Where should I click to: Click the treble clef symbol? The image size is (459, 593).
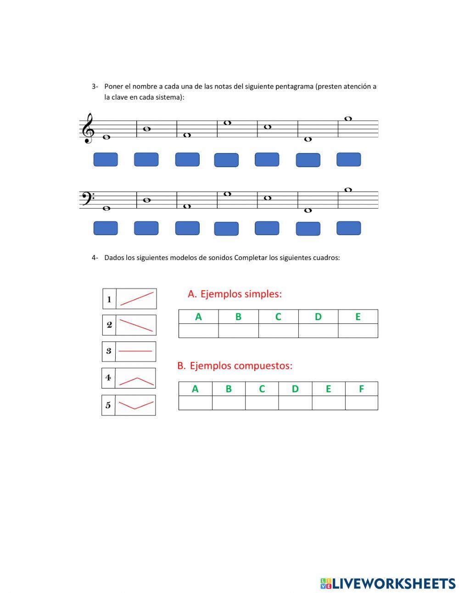pos(88,129)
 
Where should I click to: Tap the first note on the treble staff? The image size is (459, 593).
pos(106,137)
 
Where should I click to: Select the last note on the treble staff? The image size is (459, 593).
pos(348,119)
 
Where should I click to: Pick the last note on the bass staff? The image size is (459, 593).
pos(348,190)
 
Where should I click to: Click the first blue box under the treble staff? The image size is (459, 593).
pos(106,160)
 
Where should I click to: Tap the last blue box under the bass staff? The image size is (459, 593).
pos(348,228)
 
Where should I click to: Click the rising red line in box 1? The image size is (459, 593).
pos(137,299)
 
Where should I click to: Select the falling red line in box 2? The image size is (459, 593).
pos(136,325)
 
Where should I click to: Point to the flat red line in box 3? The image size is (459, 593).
pos(135,351)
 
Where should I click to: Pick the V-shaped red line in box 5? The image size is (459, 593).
pos(136,405)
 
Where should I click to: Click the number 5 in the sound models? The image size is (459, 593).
pos(108,405)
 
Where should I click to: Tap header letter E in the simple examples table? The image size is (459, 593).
pos(358,316)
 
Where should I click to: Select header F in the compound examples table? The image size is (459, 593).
pos(361,389)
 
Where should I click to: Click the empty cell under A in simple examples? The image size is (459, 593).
pos(198,331)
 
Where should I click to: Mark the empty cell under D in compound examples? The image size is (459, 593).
pos(295,403)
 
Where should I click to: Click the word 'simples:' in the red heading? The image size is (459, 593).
pos(263,294)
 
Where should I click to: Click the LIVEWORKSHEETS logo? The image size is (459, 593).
pos(388,583)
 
